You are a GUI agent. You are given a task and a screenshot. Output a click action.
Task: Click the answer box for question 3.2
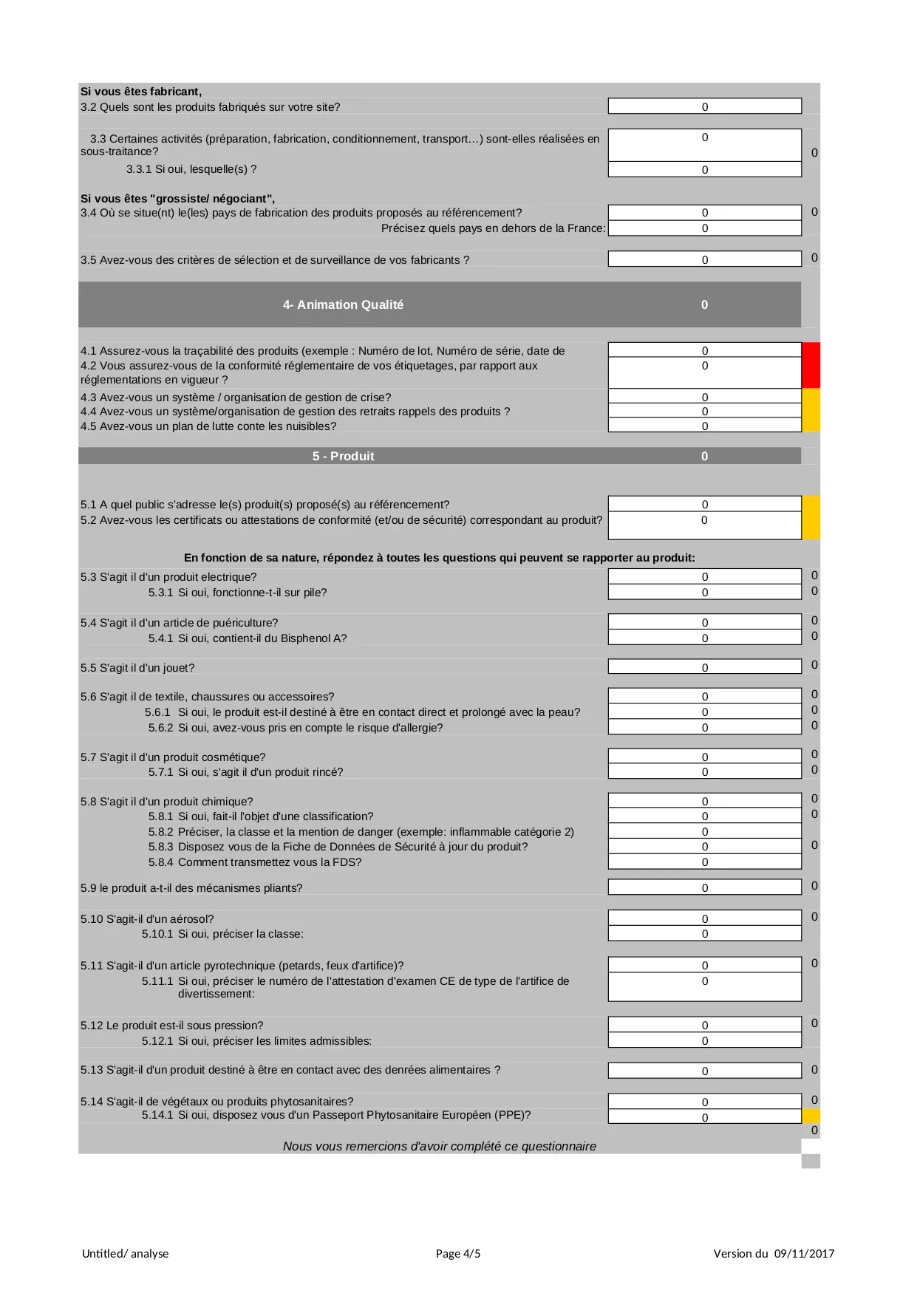coord(704,106)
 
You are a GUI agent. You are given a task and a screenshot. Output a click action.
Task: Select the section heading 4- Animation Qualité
coord(343,304)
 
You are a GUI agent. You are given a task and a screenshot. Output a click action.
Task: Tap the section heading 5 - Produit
coord(343,456)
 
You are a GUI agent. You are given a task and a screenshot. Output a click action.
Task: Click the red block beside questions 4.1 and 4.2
coord(811,365)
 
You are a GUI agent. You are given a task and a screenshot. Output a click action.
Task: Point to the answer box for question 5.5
coord(704,666)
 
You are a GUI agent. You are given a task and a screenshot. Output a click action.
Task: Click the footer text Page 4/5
coord(458,1253)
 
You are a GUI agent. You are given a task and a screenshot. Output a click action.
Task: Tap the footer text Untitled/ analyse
coord(125,1253)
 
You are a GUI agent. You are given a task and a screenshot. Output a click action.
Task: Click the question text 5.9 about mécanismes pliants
coord(191,887)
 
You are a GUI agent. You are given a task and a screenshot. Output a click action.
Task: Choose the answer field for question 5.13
coord(704,1070)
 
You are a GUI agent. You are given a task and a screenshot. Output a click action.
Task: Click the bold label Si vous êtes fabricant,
coord(141,92)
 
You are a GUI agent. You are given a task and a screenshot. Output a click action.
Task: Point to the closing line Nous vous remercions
coord(439,1146)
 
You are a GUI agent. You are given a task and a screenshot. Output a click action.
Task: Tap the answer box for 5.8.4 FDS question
coord(704,862)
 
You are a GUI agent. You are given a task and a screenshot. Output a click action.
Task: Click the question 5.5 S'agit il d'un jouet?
coord(137,667)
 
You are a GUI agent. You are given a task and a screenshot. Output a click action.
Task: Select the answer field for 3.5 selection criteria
coord(704,259)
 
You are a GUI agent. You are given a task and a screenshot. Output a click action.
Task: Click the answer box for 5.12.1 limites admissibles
coord(704,1040)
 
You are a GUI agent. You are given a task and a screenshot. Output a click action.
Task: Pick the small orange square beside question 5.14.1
coord(811,1116)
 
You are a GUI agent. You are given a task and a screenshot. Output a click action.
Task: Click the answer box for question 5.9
coord(704,887)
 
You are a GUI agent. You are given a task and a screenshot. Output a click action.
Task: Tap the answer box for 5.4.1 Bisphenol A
coord(704,638)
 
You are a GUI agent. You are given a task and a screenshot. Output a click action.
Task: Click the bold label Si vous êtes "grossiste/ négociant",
coord(177,198)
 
